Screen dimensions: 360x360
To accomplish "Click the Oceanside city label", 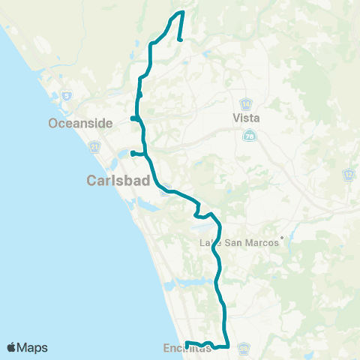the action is pos(79,122).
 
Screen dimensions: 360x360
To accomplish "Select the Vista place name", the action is pos(247,118).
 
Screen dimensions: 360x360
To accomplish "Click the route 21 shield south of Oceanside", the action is pos(94,150).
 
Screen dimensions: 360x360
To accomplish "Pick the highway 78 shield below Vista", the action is pos(250,136).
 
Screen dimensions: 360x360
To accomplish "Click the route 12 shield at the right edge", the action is pos(349,175).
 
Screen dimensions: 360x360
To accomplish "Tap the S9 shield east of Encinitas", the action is pos(244,348).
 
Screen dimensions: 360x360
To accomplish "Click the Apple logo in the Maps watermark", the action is pos(12,347).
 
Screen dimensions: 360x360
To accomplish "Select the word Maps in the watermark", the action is pos(33,347).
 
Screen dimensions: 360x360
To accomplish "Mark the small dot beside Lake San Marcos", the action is pos(282,240).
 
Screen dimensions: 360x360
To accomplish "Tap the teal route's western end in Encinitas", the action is pos(186,344).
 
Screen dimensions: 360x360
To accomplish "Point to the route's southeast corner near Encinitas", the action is pos(226,346).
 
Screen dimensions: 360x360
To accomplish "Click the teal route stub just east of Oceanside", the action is pos(132,118).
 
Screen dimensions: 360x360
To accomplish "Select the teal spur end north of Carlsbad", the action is pos(132,154).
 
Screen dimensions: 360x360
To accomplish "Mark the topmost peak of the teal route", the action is pos(181,12).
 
